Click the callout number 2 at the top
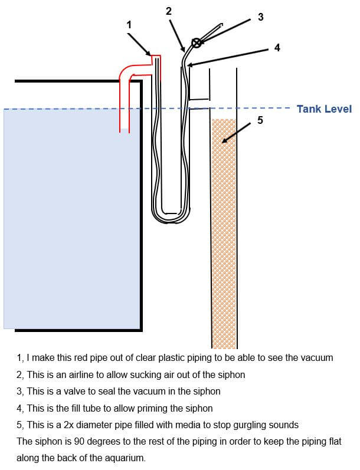(x=168, y=11)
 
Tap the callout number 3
(x=261, y=17)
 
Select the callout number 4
(x=277, y=48)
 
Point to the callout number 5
(x=261, y=120)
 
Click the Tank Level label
(x=324, y=109)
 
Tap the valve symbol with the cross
(x=196, y=42)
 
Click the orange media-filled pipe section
(x=224, y=236)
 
